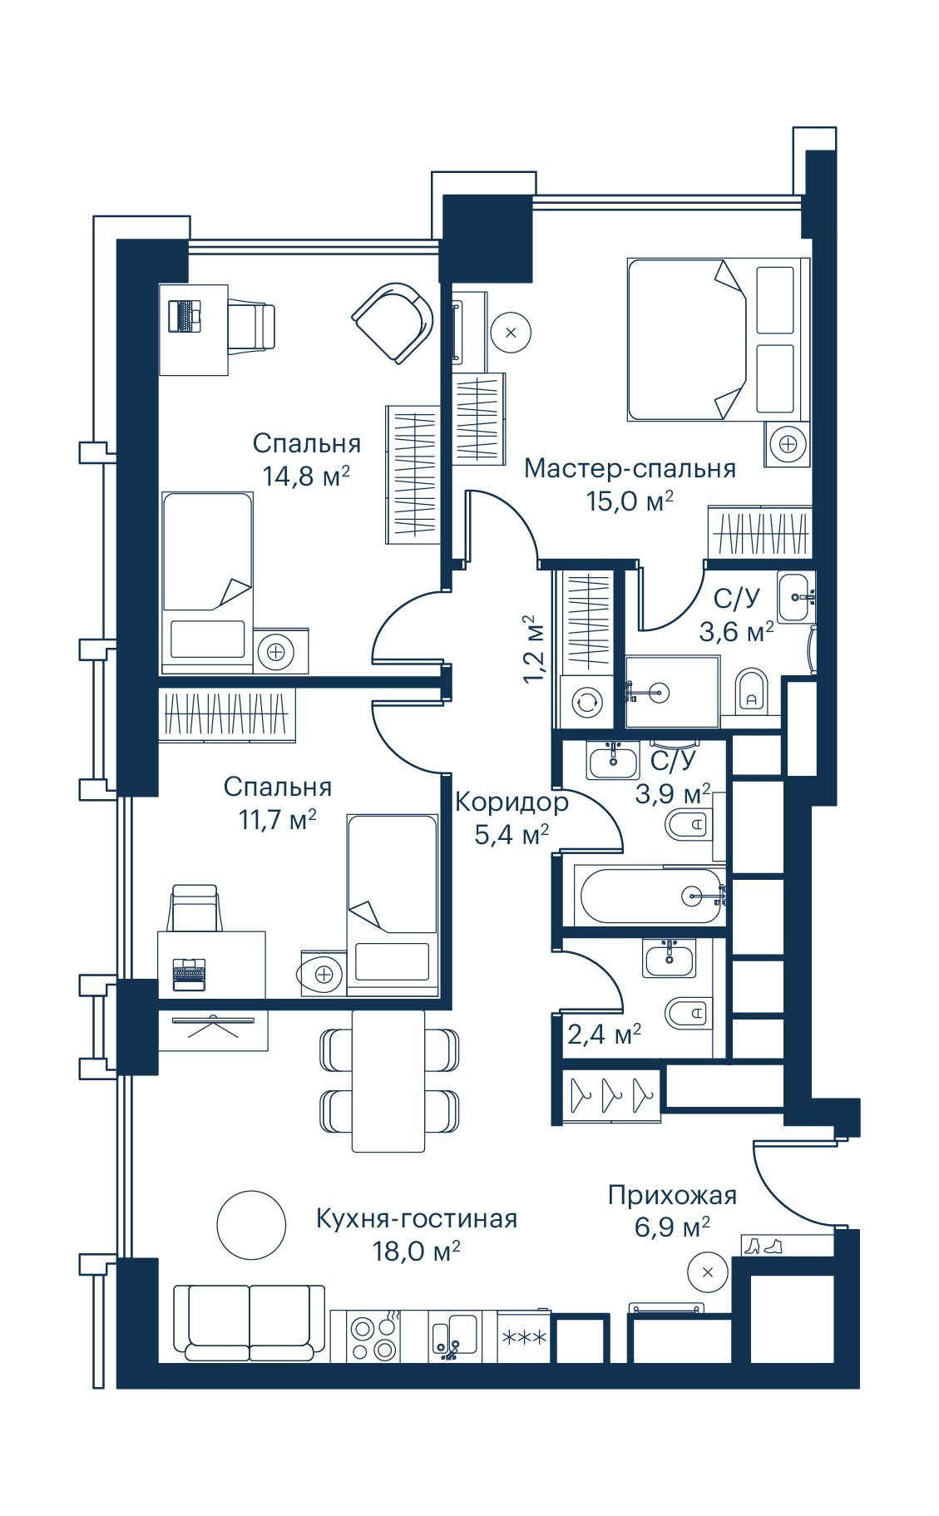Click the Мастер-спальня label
click(x=630, y=469)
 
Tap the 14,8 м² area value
click(x=306, y=477)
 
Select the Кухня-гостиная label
click(x=417, y=1219)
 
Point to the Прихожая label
click(x=672, y=1196)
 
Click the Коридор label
click(x=512, y=802)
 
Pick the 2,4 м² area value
click(x=604, y=1035)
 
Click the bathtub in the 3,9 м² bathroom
click(x=651, y=896)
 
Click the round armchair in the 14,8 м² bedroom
click(x=393, y=322)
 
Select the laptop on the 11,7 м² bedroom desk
click(x=189, y=974)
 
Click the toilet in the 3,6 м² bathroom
click(x=753, y=689)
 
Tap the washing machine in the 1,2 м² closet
click(x=587, y=702)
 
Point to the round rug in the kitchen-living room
click(x=251, y=1225)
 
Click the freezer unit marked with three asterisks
click(x=523, y=1337)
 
